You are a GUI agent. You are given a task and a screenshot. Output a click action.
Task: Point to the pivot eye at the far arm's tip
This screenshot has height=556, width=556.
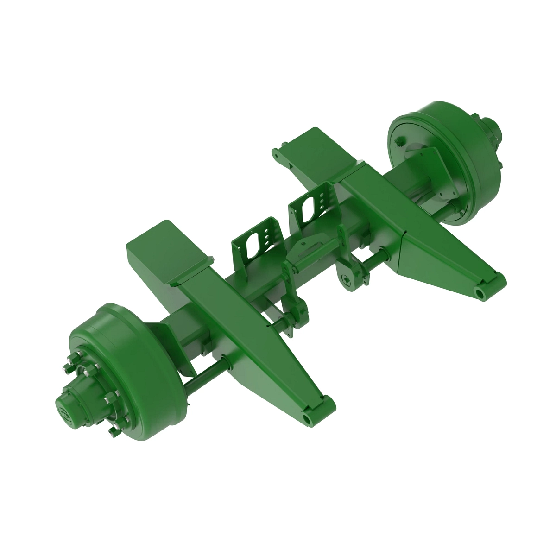[x=480, y=293]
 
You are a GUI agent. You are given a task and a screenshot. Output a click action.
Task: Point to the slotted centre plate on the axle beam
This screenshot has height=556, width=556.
[x=306, y=248]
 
